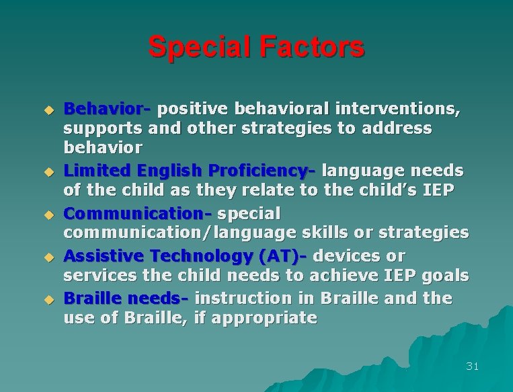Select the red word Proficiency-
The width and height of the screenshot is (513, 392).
[x=263, y=171]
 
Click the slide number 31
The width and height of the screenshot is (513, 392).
[x=472, y=366]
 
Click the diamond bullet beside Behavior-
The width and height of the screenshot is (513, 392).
[x=48, y=109]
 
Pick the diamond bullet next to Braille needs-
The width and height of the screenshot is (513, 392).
[x=48, y=299]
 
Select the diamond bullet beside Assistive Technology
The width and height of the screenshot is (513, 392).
[x=48, y=256]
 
